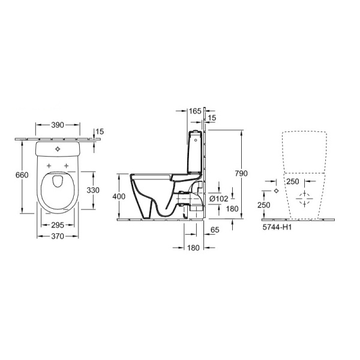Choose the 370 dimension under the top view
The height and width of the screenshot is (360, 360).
click(58, 238)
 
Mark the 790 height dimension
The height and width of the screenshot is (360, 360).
click(240, 173)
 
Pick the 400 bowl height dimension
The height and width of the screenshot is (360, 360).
click(120, 196)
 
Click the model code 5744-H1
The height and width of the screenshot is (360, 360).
click(278, 228)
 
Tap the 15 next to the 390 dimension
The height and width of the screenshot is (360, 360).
click(100, 131)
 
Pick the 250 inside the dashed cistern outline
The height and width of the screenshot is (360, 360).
click(292, 181)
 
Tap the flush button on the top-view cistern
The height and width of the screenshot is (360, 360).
click(58, 148)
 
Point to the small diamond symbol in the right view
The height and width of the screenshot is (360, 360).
click(275, 190)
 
